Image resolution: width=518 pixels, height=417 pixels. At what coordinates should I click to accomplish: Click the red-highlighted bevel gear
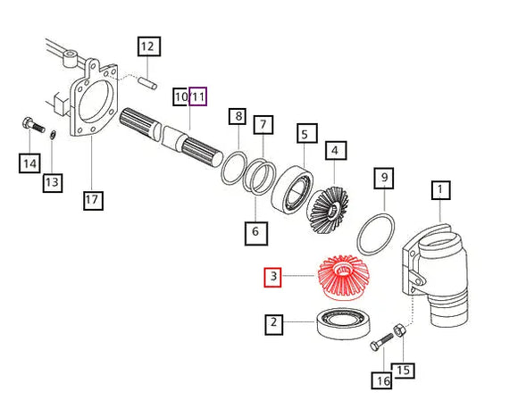pyautogui.click(x=343, y=278)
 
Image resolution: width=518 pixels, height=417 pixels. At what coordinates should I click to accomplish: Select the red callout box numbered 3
pyautogui.click(x=273, y=278)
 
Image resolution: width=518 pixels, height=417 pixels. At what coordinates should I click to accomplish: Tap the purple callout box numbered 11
pyautogui.click(x=198, y=96)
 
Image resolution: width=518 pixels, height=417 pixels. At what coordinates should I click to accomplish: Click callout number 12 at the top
pyautogui.click(x=149, y=46)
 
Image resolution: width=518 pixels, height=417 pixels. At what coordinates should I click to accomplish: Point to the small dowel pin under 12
pyautogui.click(x=147, y=82)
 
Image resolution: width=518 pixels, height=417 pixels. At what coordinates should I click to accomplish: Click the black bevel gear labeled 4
pyautogui.click(x=328, y=211)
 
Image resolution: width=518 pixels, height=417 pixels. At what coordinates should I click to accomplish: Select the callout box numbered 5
pyautogui.click(x=307, y=133)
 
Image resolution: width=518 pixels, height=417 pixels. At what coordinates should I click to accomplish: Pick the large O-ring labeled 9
pyautogui.click(x=376, y=235)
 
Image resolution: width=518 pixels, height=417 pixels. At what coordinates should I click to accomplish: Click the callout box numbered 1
pyautogui.click(x=441, y=190)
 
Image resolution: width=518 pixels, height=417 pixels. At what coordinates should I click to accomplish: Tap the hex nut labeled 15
pyautogui.click(x=398, y=330)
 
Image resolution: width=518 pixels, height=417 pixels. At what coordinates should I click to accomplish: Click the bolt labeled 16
pyautogui.click(x=381, y=342)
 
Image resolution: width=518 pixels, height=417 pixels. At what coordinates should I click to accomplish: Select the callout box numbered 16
pyautogui.click(x=381, y=380)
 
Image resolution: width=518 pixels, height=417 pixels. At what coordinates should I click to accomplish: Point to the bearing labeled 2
pyautogui.click(x=343, y=323)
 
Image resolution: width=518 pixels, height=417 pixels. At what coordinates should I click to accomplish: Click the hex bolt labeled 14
pyautogui.click(x=33, y=125)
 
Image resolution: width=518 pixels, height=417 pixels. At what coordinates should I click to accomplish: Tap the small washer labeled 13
pyautogui.click(x=53, y=135)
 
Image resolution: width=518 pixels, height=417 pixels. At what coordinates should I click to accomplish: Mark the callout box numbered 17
pyautogui.click(x=93, y=200)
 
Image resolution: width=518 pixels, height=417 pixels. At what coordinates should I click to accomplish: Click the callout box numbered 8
pyautogui.click(x=238, y=116)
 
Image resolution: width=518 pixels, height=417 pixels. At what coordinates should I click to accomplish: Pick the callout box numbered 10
pyautogui.click(x=180, y=96)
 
